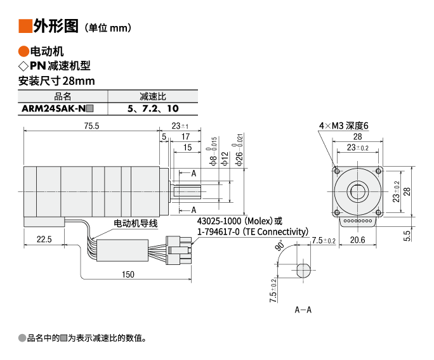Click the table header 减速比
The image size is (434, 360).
(x=152, y=96)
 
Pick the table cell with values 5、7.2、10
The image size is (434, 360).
(x=152, y=108)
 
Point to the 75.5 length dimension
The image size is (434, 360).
(x=91, y=126)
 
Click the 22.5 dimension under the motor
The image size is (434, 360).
(x=44, y=239)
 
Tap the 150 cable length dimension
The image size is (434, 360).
(x=129, y=274)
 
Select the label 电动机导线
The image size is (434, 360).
(x=135, y=223)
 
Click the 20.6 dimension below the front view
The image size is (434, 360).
(x=358, y=240)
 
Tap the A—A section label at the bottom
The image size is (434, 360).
(x=303, y=310)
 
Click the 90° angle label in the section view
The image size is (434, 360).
(x=280, y=246)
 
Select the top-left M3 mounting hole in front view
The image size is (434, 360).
(x=337, y=171)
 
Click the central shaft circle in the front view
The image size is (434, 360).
(x=358, y=191)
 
